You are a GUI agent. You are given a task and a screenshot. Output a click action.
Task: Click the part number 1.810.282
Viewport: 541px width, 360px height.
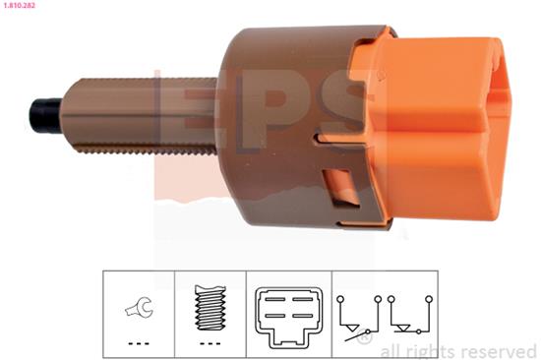[18, 5]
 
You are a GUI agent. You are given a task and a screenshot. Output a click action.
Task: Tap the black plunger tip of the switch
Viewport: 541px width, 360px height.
[45, 116]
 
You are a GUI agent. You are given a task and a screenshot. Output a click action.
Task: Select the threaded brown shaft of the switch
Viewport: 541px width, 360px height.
[140, 116]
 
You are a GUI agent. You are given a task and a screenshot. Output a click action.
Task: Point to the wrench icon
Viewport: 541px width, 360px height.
[139, 307]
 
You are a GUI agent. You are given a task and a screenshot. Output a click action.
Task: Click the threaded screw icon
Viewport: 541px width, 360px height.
[210, 306]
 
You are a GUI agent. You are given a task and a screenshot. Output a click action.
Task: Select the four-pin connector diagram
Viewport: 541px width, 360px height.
[289, 317]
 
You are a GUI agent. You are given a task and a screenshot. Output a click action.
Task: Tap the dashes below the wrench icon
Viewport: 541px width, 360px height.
[139, 343]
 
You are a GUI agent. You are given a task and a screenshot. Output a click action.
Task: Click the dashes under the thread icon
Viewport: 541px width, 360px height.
[210, 343]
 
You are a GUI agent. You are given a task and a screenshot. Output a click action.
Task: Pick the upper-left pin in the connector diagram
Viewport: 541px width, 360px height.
[275, 299]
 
